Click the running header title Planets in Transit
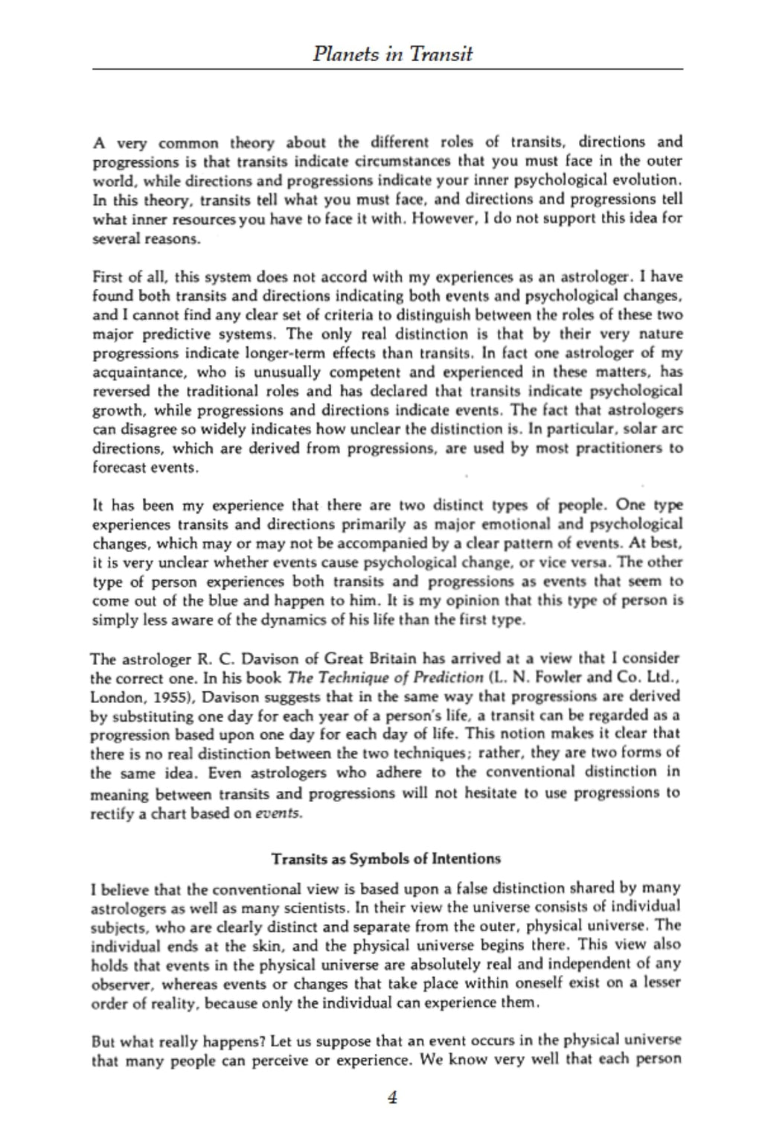pyautogui.click(x=392, y=54)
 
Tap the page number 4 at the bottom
pyautogui.click(x=392, y=1097)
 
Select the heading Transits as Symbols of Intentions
pyautogui.click(x=385, y=859)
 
